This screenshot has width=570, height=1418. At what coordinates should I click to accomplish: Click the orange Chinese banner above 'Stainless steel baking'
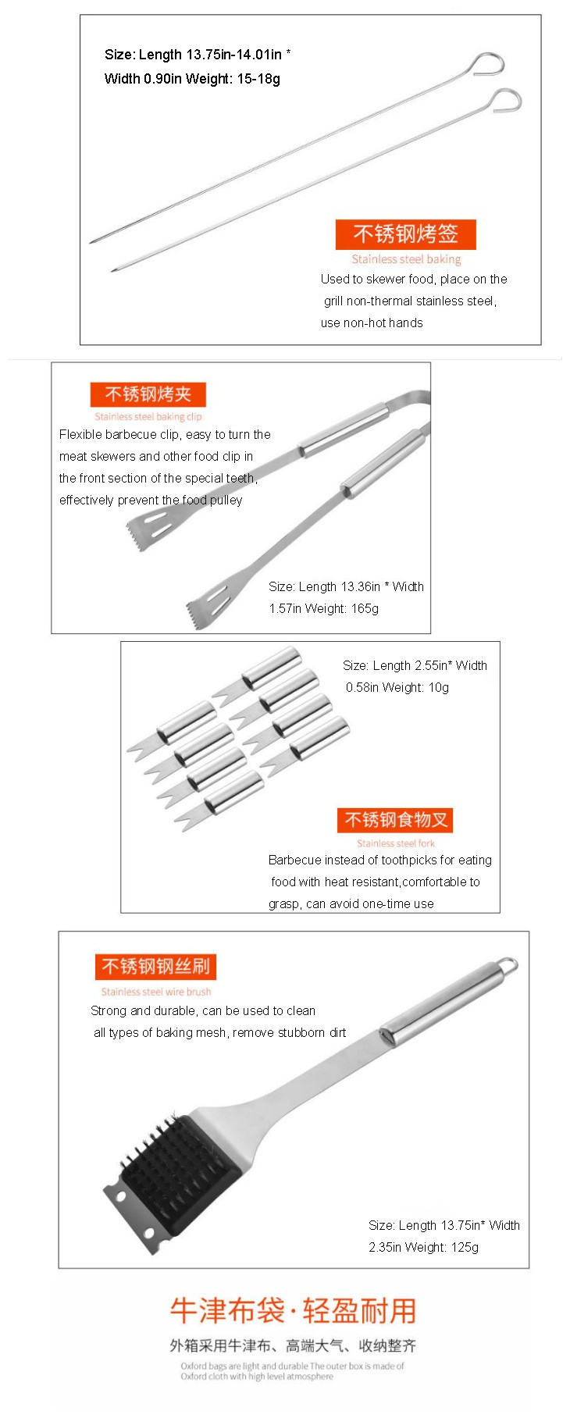pyautogui.click(x=405, y=234)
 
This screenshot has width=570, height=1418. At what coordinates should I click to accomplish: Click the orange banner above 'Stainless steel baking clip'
pyautogui.click(x=148, y=394)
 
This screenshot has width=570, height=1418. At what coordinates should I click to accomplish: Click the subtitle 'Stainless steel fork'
pyautogui.click(x=395, y=843)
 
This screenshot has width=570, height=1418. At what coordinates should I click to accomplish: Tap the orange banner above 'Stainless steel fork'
pyautogui.click(x=395, y=820)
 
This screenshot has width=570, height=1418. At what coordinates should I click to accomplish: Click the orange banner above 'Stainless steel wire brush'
pyautogui.click(x=155, y=967)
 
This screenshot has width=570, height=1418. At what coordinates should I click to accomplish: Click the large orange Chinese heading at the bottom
pyautogui.click(x=293, y=1311)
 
